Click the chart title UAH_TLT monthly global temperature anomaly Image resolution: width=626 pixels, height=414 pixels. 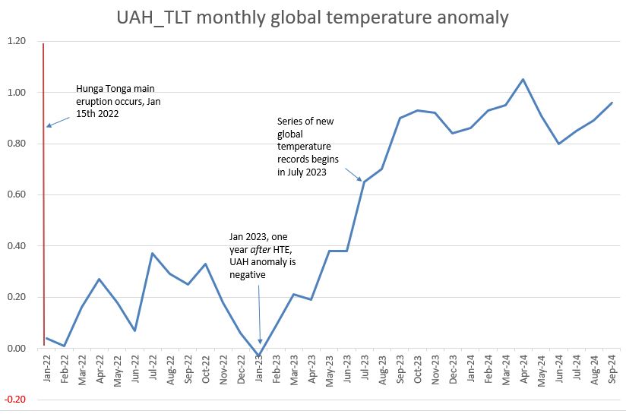tap(312, 17)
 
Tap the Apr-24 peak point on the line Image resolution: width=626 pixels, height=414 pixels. tap(523, 79)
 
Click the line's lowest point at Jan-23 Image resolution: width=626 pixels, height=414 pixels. tap(260, 356)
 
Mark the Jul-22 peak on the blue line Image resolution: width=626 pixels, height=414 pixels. tap(152, 254)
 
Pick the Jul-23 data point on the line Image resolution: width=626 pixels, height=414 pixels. tap(364, 182)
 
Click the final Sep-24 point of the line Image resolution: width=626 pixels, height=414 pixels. tap(612, 103)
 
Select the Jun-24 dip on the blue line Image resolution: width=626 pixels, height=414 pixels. tap(558, 144)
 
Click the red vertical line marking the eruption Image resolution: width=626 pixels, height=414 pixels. tap(43, 228)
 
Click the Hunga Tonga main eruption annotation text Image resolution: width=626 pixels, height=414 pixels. tap(119, 101)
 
